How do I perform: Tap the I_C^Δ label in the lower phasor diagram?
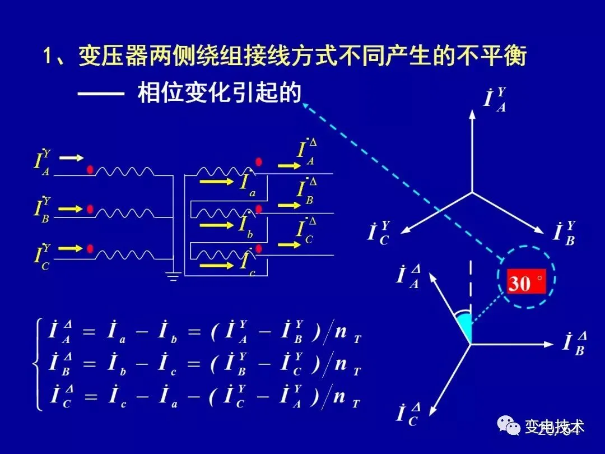(408, 414)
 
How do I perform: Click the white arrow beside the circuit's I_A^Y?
(72, 158)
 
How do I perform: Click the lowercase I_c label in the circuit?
(247, 263)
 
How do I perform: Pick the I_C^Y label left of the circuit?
(42, 256)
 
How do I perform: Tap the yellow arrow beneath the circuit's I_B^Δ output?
(290, 206)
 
